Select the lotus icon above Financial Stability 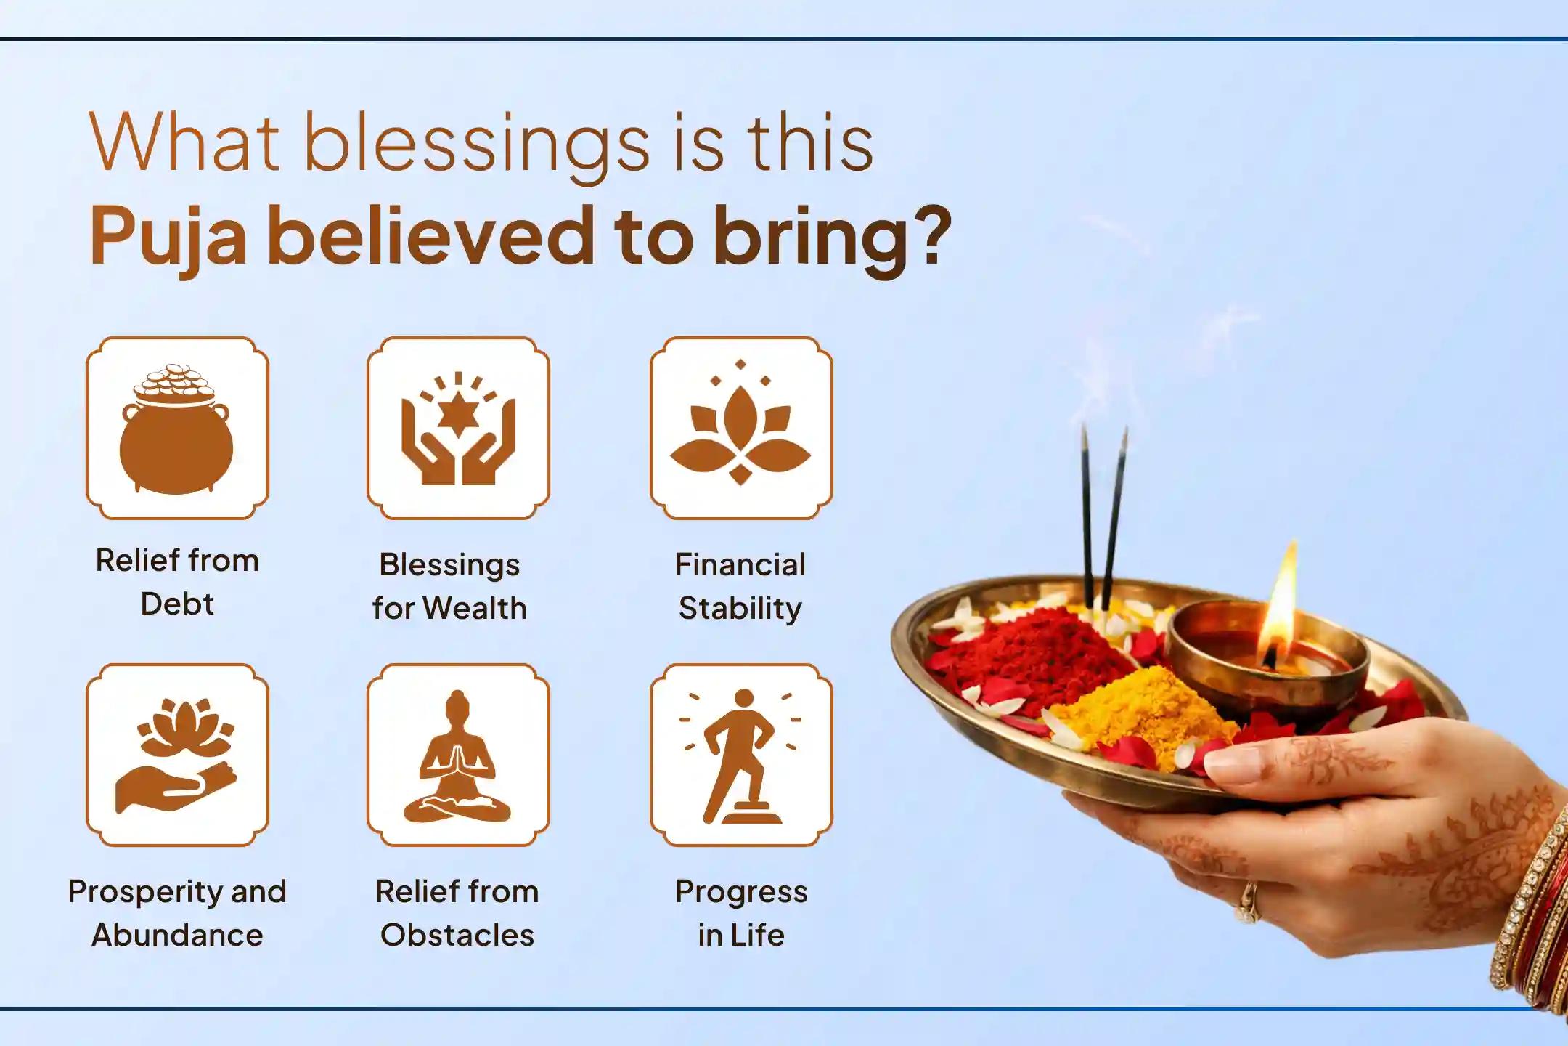coord(740,429)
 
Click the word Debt coord(177,604)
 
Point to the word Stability coord(740,609)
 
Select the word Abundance coord(177,935)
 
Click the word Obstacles coord(457,935)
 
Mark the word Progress coord(741,892)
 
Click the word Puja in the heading coord(168,237)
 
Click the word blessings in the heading coord(475,145)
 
